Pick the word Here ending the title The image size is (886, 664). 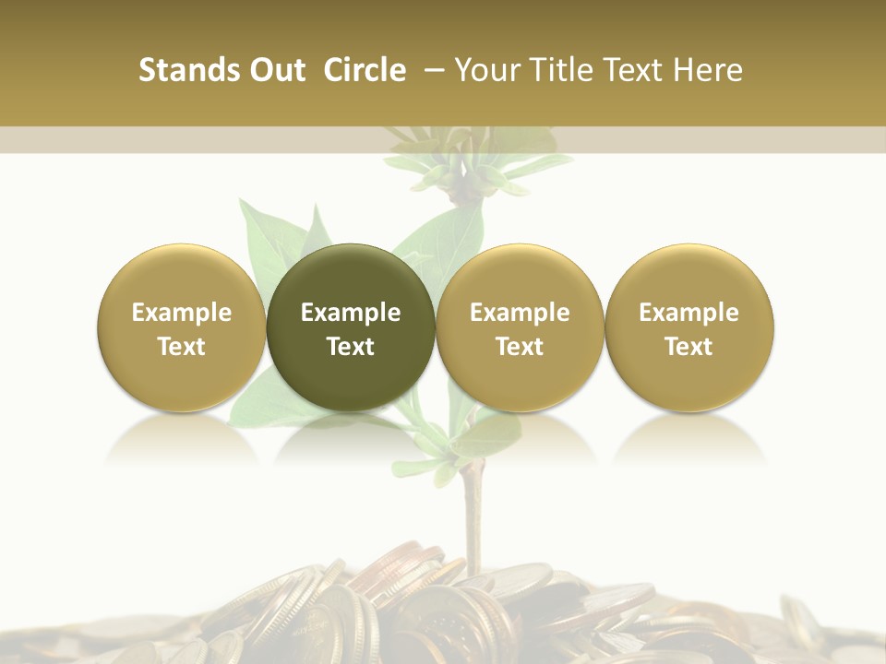709,70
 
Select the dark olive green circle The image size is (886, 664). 351,327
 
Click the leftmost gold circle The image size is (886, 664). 182,327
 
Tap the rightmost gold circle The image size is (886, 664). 689,327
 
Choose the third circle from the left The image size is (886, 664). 520,327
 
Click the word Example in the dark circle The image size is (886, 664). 351,313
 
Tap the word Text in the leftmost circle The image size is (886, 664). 182,347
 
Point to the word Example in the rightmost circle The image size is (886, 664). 689,313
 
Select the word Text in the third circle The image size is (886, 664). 520,347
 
